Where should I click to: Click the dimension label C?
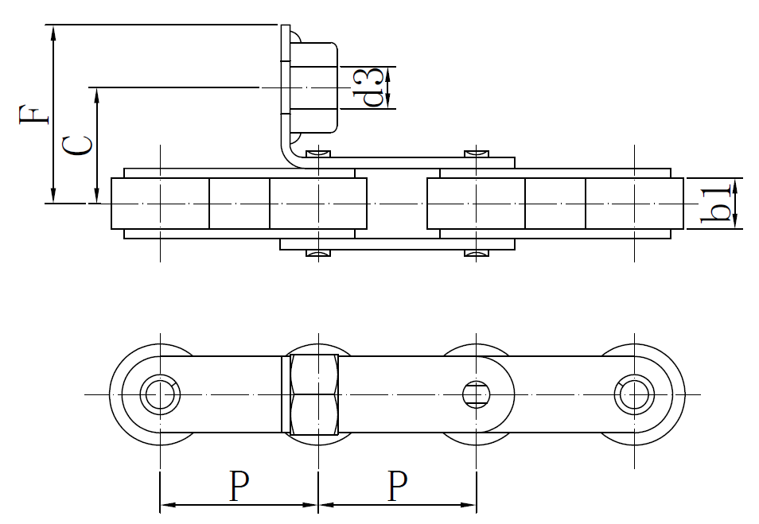78,145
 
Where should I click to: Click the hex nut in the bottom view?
317,394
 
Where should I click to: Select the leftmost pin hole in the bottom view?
160,394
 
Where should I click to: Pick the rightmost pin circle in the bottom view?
634,394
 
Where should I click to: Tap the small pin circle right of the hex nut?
476,394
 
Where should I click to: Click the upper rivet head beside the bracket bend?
318,152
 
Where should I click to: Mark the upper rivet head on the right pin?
476,152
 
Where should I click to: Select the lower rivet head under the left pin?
318,254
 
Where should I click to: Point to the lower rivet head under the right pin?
476,254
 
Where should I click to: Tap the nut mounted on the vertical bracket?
314,87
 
